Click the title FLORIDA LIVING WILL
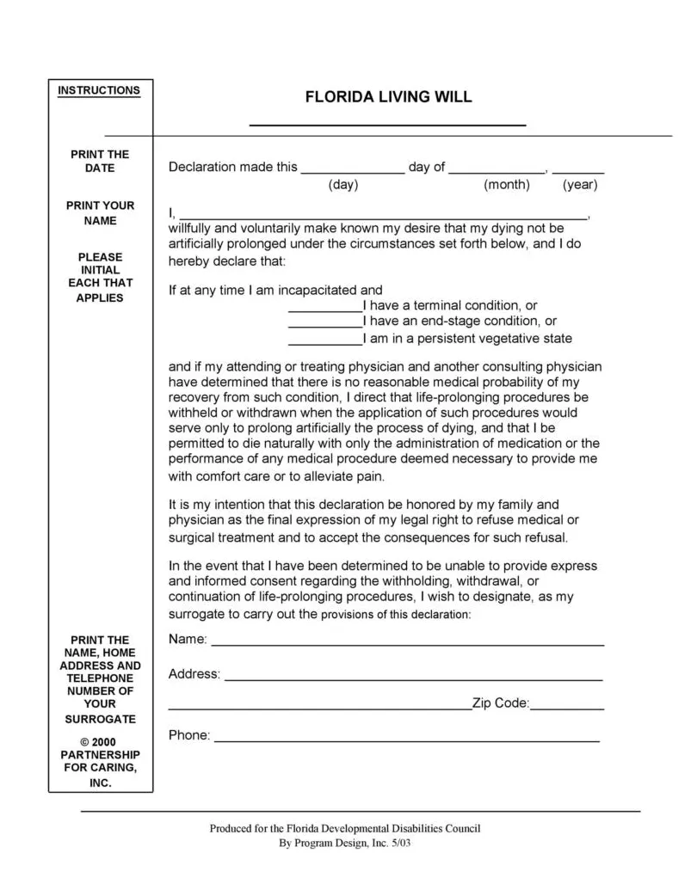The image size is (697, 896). pyautogui.click(x=388, y=97)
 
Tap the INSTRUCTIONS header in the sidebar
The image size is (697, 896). pyautogui.click(x=99, y=90)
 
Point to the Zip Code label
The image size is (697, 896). pyautogui.click(x=500, y=703)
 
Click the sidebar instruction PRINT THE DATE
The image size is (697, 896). pyautogui.click(x=100, y=161)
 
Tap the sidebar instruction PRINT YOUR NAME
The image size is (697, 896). pyautogui.click(x=100, y=212)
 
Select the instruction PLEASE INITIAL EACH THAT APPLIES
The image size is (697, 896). pyautogui.click(x=100, y=277)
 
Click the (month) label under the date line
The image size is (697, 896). pyautogui.click(x=507, y=185)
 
